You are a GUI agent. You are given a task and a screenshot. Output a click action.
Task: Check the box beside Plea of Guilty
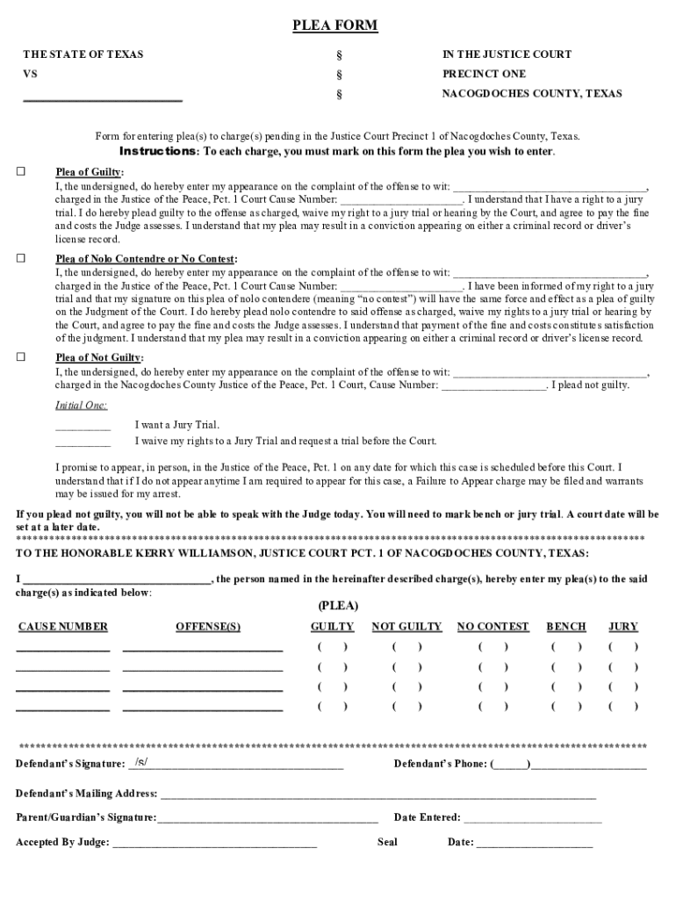21,171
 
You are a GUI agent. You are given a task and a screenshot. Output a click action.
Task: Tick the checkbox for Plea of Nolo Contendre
21,258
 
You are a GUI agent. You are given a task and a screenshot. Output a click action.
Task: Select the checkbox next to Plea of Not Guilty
21,357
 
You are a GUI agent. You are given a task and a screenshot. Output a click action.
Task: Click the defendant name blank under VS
102,98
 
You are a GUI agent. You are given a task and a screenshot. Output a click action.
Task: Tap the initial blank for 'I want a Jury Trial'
83,428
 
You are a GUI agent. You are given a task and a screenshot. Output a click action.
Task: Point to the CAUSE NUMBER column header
63,627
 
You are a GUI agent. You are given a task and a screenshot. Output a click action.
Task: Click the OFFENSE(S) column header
208,627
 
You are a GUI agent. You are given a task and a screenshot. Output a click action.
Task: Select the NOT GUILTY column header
406,627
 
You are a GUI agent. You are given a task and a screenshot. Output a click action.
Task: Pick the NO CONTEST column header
493,627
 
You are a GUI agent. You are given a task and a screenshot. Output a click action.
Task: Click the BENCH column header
566,627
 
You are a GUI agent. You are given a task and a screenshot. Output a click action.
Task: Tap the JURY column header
623,627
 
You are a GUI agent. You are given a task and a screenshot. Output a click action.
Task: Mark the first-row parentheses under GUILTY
333,647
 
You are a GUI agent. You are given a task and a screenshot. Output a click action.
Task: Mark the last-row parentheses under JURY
623,705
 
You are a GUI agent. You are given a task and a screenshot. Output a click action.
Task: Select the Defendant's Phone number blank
588,765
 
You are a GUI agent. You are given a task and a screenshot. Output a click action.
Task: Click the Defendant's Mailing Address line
378,795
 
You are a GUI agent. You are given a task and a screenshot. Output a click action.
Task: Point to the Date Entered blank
533,819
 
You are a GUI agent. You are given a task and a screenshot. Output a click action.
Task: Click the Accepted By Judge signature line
214,844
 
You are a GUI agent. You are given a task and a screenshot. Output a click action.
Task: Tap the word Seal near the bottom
387,843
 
